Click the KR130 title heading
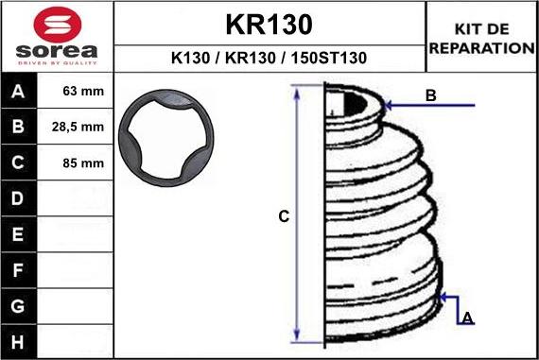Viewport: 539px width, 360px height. pos(269,24)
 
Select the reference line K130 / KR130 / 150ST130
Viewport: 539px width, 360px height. pos(269,58)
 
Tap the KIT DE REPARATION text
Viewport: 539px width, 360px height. pos(481,38)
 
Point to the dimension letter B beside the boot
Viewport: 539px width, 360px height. pos(430,94)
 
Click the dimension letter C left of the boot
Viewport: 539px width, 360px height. pos(283,216)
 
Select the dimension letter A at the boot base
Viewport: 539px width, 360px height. pos(466,318)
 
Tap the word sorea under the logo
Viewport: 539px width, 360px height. pos(55,50)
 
